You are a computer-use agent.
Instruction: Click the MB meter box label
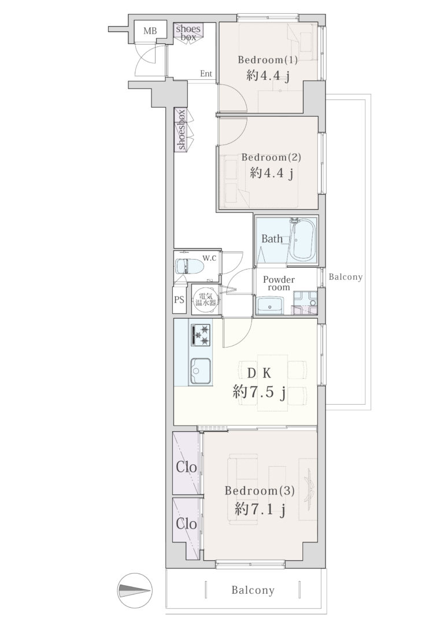[150, 31]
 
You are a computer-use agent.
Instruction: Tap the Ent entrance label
[206, 73]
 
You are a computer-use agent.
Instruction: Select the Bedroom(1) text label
[268, 60]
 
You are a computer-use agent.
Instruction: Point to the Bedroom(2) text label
[271, 157]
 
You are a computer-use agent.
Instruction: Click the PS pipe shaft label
[179, 299]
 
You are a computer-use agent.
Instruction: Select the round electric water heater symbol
[205, 299]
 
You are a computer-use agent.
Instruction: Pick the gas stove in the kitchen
[201, 335]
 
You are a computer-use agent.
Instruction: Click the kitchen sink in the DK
[201, 371]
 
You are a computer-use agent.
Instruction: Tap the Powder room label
[279, 283]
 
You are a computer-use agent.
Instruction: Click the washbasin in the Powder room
[270, 305]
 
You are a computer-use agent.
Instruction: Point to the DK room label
[259, 374]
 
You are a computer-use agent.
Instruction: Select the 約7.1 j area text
[260, 510]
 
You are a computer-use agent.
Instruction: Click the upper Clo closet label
[187, 467]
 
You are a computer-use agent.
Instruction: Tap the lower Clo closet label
[187, 524]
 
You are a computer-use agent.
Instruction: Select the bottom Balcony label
[253, 590]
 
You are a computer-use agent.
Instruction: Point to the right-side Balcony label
[346, 277]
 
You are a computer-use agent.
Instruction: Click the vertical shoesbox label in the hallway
[182, 130]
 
